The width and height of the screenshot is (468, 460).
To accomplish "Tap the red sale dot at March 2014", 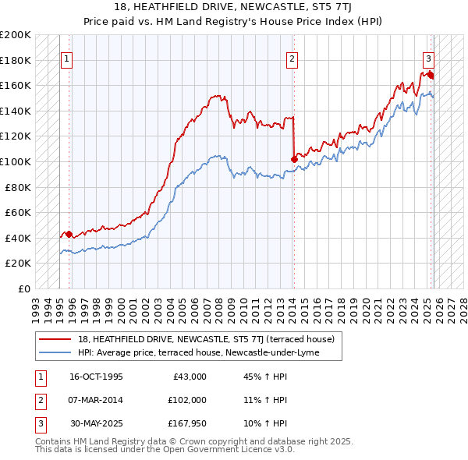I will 294,159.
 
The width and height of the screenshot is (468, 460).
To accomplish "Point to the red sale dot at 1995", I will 69,234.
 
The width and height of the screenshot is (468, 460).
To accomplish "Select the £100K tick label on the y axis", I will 16,161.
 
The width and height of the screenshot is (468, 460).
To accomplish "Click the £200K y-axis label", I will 16,35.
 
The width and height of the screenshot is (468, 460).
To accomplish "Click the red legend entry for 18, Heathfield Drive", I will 206,339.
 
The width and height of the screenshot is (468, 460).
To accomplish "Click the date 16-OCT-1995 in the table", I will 96,377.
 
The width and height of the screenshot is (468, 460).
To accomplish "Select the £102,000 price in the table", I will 188,400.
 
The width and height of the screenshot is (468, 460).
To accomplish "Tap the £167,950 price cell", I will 188,423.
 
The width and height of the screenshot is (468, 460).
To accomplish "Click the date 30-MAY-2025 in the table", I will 96,423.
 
